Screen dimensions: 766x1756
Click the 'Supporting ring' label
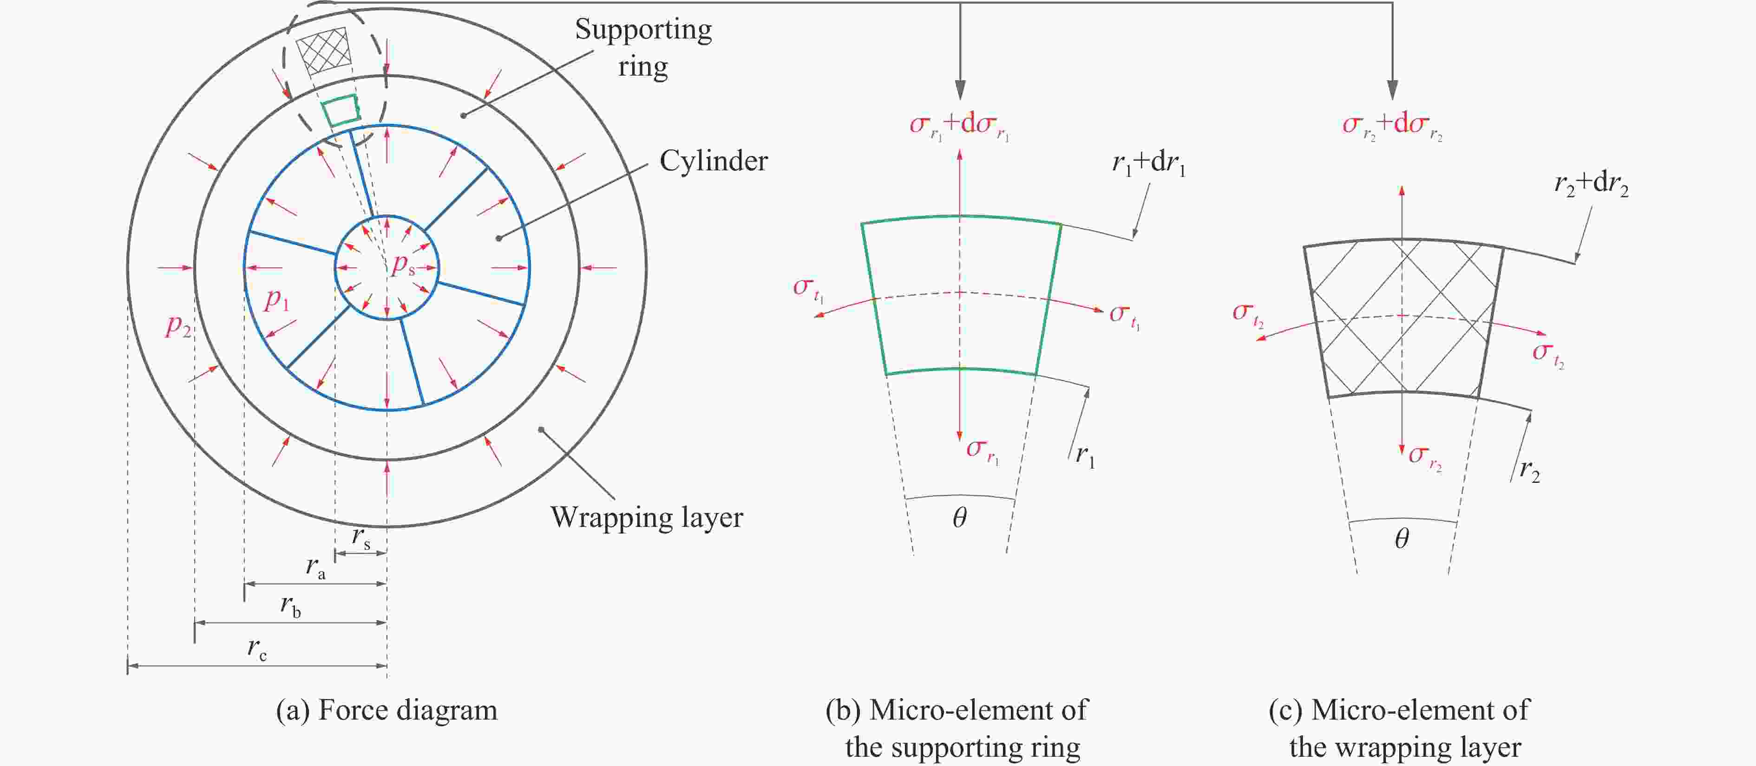pos(643,48)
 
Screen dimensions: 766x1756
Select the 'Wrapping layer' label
pos(646,517)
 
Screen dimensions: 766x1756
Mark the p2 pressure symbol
pos(178,326)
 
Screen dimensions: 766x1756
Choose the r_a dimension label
pos(315,567)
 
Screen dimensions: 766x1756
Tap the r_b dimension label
pos(290,605)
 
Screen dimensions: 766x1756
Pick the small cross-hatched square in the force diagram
pos(324,51)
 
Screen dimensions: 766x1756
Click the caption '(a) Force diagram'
pos(387,710)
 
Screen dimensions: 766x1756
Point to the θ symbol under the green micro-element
pos(959,519)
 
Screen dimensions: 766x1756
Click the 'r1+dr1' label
pos(1149,163)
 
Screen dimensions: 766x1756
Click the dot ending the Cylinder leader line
pos(499,238)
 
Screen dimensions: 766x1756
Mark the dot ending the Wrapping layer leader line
pos(541,429)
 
